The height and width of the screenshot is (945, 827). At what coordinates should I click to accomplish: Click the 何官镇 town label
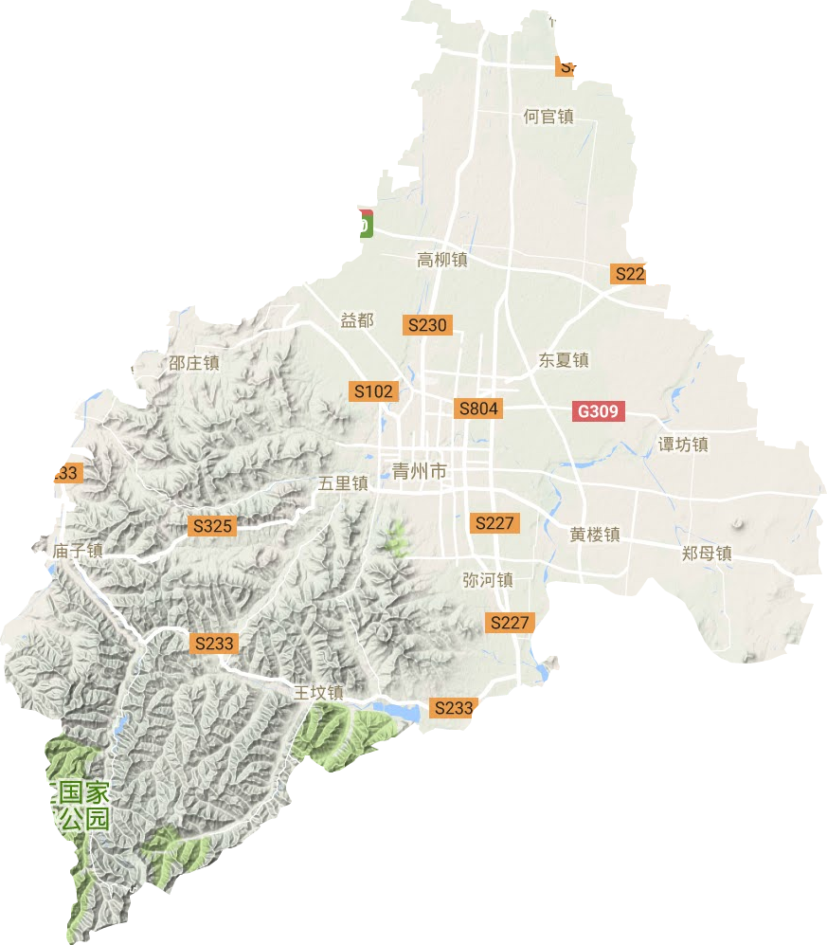click(x=548, y=117)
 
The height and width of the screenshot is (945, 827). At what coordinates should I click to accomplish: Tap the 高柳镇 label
click(x=442, y=259)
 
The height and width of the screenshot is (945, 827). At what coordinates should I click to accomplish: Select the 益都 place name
click(x=357, y=320)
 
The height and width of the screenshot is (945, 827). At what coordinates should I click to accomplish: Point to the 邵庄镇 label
click(x=194, y=362)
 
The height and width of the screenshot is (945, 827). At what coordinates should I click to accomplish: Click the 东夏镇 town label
click(x=565, y=360)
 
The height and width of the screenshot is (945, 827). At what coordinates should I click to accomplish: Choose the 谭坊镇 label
click(x=683, y=444)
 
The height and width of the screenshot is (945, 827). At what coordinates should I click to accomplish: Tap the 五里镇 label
click(x=343, y=483)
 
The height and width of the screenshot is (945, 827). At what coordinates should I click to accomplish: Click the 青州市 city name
click(x=419, y=470)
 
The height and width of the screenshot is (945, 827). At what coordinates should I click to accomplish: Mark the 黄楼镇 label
click(x=595, y=535)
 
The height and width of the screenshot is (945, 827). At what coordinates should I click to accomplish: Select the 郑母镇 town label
click(x=708, y=553)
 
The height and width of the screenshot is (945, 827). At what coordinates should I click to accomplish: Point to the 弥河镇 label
click(x=488, y=579)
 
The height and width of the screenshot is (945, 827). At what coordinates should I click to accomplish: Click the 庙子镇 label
click(x=78, y=550)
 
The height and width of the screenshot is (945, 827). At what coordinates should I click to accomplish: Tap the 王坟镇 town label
click(x=317, y=693)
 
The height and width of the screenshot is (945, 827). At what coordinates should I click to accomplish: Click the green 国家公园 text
click(x=84, y=806)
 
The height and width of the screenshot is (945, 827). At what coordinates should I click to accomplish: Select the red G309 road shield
click(x=599, y=411)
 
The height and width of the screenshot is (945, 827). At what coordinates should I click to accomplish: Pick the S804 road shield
click(x=477, y=409)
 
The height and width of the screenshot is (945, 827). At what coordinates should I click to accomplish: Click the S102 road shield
click(x=373, y=390)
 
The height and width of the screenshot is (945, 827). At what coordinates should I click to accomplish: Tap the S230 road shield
click(x=426, y=324)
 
